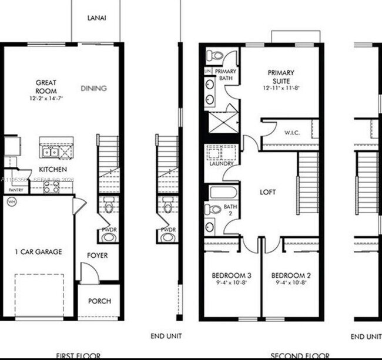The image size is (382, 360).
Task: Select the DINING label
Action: pos(93,89)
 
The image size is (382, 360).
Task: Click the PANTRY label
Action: pos(16,190)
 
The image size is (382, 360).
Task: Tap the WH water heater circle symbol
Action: pos(11,201)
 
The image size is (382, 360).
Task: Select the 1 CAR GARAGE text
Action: pos(38,252)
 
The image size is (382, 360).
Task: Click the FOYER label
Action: pos(98,255)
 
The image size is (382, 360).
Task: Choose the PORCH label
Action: pos(99,301)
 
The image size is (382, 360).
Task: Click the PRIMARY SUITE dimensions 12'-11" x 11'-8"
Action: pos(281,88)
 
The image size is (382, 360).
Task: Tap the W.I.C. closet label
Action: pos(292,132)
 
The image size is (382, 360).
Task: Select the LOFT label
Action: pos(268,192)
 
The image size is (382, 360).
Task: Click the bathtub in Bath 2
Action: pos(223,192)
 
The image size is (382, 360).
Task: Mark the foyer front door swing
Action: pos(88,273)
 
